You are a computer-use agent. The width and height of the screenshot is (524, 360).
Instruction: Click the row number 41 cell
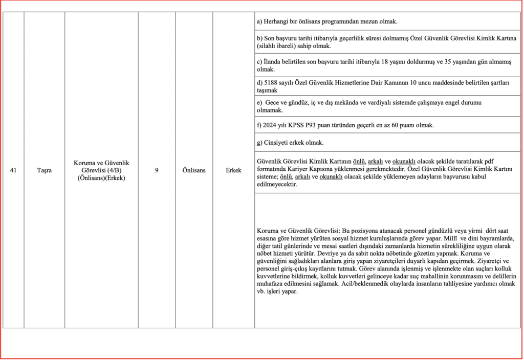(x=13, y=170)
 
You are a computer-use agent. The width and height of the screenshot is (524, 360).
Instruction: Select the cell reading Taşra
(x=44, y=170)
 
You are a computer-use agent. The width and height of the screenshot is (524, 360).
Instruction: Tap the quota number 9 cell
(x=156, y=170)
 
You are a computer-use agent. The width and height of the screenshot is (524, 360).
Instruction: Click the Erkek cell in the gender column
(x=233, y=170)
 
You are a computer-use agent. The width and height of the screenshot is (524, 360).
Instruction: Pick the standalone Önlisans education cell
(x=194, y=170)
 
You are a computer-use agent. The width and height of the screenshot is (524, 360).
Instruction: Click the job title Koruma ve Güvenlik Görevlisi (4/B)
(x=101, y=166)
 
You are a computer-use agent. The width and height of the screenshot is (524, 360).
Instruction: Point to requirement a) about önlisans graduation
(x=327, y=21)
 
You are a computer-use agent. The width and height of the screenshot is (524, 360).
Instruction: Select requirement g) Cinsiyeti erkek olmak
(x=290, y=143)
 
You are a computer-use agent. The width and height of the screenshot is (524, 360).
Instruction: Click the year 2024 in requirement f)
(x=270, y=125)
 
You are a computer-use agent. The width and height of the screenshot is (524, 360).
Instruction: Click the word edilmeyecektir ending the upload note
(x=277, y=185)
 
